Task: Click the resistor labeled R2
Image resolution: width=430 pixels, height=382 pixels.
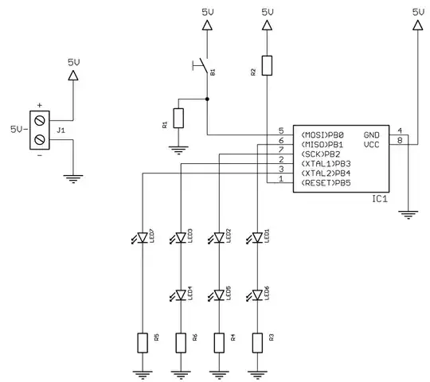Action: click(267, 66)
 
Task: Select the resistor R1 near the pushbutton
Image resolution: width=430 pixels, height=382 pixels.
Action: click(178, 119)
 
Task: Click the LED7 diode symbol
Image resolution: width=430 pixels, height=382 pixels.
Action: click(142, 237)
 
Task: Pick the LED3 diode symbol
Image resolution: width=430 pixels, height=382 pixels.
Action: click(181, 237)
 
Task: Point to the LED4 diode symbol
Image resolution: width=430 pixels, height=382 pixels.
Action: click(181, 295)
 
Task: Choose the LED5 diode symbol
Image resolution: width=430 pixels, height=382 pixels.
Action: click(219, 295)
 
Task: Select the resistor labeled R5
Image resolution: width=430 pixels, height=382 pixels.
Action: click(142, 343)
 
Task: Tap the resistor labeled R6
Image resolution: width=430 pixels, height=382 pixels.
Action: click(181, 343)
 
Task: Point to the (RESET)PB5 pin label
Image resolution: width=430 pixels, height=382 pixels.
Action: click(326, 183)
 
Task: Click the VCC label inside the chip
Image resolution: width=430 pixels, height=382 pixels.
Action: click(372, 145)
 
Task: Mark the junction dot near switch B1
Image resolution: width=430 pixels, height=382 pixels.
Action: click(207, 99)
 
